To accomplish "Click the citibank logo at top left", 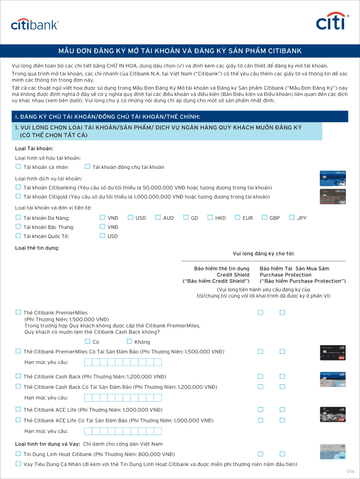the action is click(x=35, y=25).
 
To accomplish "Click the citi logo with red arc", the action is click(x=332, y=21).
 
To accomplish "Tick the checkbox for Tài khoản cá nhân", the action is click(x=18, y=167).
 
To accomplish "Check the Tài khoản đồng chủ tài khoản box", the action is click(x=87, y=167).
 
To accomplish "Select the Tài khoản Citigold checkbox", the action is click(x=18, y=196).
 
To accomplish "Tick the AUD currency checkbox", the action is click(x=158, y=217).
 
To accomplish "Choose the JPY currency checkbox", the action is click(x=292, y=217).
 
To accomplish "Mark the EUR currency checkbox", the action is click(x=237, y=217).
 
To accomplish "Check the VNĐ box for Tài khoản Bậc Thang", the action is click(x=102, y=226).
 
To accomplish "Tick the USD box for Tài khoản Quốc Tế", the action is click(x=102, y=236).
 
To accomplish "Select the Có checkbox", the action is click(x=87, y=341).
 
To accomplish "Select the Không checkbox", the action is click(x=129, y=341).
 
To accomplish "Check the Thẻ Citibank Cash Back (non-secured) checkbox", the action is click(x=18, y=376).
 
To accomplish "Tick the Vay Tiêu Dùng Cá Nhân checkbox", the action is click(x=18, y=464).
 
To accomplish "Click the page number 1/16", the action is click(x=351, y=472).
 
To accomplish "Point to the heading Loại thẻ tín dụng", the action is click(x=37, y=248).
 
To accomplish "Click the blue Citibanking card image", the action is click(x=332, y=178).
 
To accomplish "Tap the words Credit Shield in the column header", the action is click(x=233, y=275).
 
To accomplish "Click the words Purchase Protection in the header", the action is click(x=286, y=275).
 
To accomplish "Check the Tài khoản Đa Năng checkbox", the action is click(x=18, y=217).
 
